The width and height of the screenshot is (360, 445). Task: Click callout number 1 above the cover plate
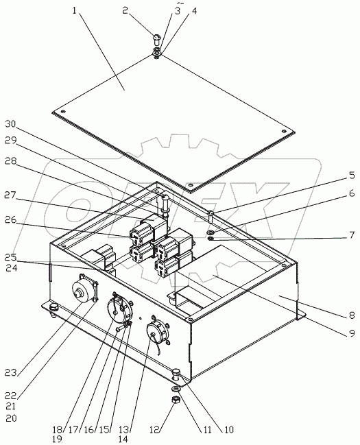tap(75, 11)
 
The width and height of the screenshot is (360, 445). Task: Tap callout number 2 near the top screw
tap(125, 10)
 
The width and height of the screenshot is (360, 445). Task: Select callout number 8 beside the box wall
tap(352, 315)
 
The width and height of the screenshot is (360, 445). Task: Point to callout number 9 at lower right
tap(352, 333)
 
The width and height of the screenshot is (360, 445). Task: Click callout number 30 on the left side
tap(11, 124)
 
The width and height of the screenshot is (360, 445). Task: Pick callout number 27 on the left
tap(11, 195)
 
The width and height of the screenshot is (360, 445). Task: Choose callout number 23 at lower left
tap(11, 372)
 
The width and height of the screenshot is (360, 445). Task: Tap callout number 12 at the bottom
tap(155, 430)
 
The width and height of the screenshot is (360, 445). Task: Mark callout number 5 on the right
tap(352, 175)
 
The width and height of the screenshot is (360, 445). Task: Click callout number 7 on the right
tap(352, 235)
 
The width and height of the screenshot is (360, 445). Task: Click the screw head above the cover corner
tap(157, 39)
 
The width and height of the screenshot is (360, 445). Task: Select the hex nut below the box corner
tap(176, 400)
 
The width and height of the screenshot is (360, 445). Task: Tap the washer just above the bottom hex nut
tap(176, 388)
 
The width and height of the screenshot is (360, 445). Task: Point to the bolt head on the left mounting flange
tap(53, 307)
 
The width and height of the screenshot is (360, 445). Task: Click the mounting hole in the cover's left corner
tap(63, 111)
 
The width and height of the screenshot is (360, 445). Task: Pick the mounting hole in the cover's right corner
tap(283, 131)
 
